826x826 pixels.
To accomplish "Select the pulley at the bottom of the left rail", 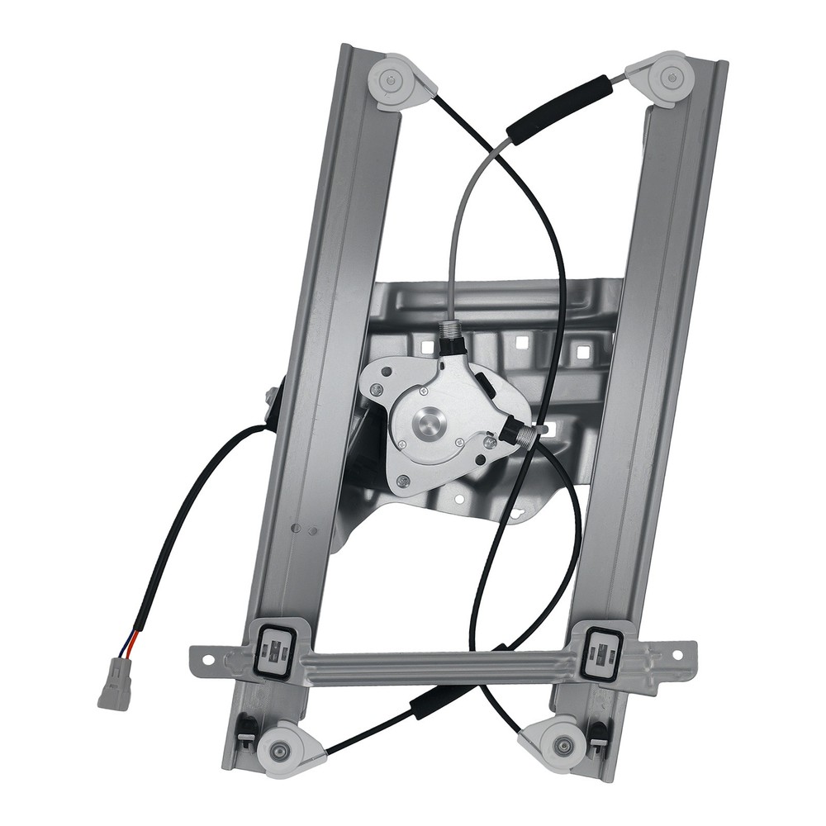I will [283, 749].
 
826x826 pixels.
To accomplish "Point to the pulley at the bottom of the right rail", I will [564, 734].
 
